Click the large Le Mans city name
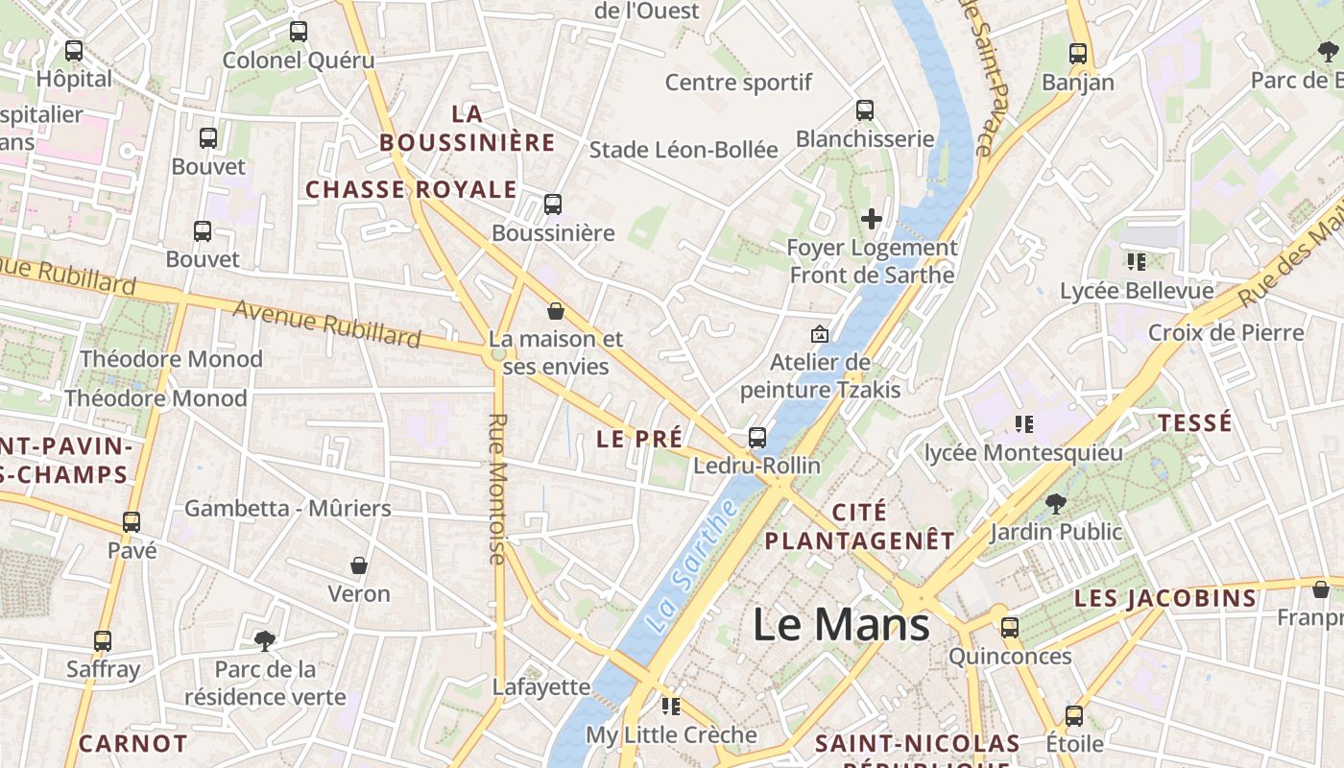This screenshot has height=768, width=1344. pos(841,625)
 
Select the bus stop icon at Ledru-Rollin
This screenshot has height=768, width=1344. pos(757,438)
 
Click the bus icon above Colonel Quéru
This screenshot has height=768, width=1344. pos(299,32)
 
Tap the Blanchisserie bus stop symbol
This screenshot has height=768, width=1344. pos(865,110)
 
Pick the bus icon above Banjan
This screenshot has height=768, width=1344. pos(1078,54)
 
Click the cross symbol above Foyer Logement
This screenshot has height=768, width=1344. pos(872,219)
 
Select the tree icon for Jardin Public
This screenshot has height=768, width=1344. pos(1055,502)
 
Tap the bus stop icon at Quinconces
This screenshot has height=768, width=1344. pos(1010,628)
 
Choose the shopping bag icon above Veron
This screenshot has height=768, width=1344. pos(359,565)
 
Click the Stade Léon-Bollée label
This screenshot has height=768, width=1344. pos(684,150)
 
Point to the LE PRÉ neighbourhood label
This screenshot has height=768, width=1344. pos(639,440)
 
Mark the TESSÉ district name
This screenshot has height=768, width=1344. pos(1194,423)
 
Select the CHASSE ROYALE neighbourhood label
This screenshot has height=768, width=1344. pos(411,190)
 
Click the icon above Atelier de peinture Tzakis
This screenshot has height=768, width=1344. pos(820,334)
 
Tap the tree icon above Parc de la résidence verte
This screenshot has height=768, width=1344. pos(264,640)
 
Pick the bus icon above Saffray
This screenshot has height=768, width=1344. pos(103,640)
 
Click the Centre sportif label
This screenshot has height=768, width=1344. pos(739,83)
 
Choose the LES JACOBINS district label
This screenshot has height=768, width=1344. pos(1165,599)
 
